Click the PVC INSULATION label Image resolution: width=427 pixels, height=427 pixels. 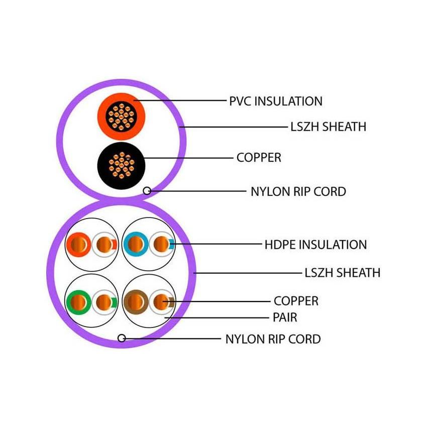[275, 101]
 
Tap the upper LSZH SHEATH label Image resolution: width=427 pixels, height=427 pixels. [328, 127]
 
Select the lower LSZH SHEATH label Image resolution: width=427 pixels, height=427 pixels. [342, 273]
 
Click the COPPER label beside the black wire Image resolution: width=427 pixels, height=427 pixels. [259, 158]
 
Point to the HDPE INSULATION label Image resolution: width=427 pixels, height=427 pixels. [315, 245]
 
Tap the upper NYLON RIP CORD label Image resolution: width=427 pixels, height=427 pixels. [298, 191]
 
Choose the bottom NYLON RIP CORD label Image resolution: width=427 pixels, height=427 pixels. [273, 339]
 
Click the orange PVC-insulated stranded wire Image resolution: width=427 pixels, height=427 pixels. [121, 116]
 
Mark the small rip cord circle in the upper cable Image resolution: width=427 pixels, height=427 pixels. [147, 190]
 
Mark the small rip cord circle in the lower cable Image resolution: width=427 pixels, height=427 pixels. [121, 338]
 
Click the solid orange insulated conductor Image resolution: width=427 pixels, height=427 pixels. [78, 245]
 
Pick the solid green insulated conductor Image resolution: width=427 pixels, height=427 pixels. [78, 302]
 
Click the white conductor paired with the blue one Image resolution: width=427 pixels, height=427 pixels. [161, 245]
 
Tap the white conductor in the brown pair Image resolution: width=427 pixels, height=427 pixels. [161, 302]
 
